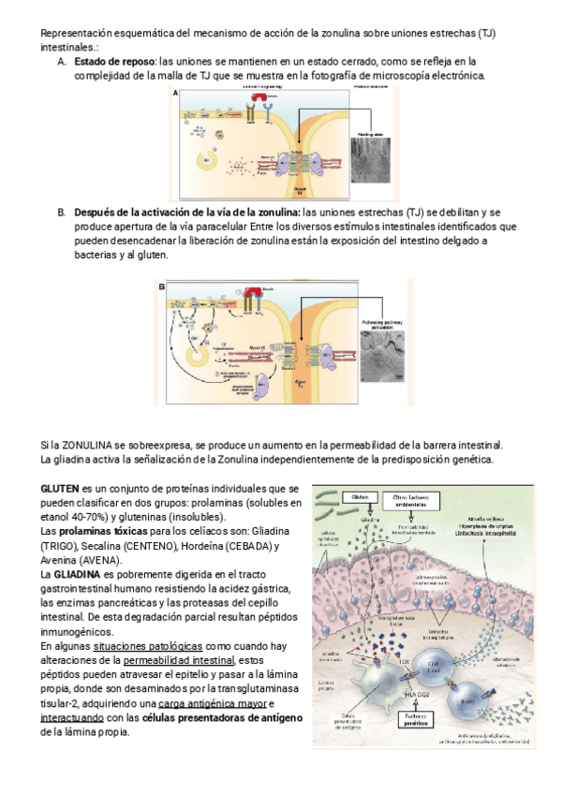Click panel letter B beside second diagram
[x=162, y=287]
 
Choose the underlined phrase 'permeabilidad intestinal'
[x=182, y=660]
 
